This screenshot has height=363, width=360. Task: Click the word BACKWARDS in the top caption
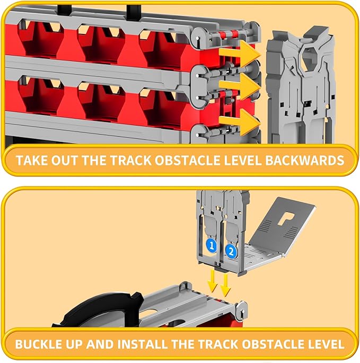(x=305, y=160)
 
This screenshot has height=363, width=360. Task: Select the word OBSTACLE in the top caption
(x=188, y=160)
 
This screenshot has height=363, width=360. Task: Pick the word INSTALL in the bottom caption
(x=142, y=344)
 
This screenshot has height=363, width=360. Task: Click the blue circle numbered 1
(x=211, y=245)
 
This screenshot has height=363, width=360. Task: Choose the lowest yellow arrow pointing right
(x=240, y=122)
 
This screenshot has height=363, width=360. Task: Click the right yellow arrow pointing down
(x=225, y=285)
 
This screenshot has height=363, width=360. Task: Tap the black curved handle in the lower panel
(x=98, y=306)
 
